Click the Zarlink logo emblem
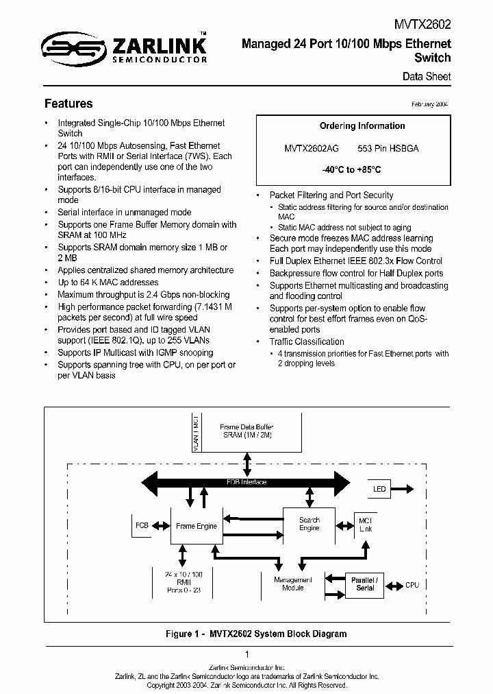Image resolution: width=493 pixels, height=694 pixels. (68, 47)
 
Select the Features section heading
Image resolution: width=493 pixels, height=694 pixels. (68, 104)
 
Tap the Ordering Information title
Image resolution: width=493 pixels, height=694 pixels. (362, 125)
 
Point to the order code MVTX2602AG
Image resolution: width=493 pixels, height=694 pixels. (311, 148)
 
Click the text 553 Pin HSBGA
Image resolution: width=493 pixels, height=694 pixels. (388, 148)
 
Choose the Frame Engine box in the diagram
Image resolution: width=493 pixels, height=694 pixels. (197, 526)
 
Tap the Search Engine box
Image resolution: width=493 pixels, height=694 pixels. (309, 525)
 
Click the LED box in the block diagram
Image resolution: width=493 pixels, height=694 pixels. (379, 489)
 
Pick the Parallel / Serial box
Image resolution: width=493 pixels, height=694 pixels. (365, 584)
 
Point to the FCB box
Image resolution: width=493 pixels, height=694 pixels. (142, 525)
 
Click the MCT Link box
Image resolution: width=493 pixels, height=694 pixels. (366, 525)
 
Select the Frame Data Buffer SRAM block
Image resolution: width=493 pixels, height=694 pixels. (245, 431)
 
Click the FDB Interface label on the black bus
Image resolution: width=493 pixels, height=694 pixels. (246, 482)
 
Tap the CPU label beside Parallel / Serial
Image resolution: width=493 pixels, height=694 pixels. (412, 585)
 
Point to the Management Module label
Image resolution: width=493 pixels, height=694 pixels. (293, 584)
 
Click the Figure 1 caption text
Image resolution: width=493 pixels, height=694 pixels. (256, 634)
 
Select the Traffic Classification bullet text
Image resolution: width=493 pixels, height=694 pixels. (307, 342)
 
